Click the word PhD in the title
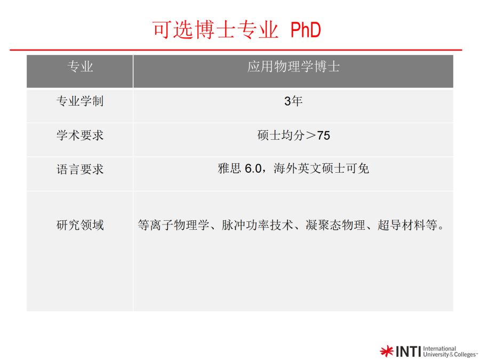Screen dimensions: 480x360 (x=306, y=30)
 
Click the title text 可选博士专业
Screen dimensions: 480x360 (x=215, y=30)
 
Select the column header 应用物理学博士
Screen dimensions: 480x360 (x=293, y=67)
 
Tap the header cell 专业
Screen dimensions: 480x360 (x=80, y=67)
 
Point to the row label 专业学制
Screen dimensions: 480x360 (x=80, y=101)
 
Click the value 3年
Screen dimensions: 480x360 (x=293, y=101)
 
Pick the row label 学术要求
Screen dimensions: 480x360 (x=80, y=135)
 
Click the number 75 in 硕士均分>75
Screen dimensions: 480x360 (x=324, y=135)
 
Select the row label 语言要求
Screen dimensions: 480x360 (x=80, y=169)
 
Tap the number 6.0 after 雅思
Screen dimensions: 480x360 (x=253, y=169)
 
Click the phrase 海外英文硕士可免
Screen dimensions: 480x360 (x=321, y=169)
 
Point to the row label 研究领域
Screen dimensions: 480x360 (x=80, y=225)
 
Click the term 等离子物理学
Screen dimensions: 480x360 (x=173, y=225)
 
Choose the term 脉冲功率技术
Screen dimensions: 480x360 (x=258, y=225)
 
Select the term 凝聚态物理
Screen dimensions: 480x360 (x=335, y=225)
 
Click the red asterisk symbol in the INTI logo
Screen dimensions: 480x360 (x=386, y=351)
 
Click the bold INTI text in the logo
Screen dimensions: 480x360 (x=409, y=351)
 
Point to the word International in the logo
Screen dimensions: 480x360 (x=439, y=348)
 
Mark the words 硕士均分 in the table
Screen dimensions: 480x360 (x=281, y=135)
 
